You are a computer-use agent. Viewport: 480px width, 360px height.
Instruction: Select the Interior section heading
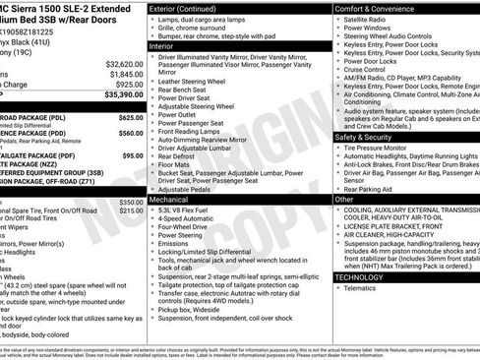click(162, 44)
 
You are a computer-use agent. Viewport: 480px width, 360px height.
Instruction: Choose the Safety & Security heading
click(363, 138)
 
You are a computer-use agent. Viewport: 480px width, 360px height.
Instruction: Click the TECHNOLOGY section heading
click(359, 277)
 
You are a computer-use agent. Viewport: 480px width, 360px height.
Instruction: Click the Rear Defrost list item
click(180, 155)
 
